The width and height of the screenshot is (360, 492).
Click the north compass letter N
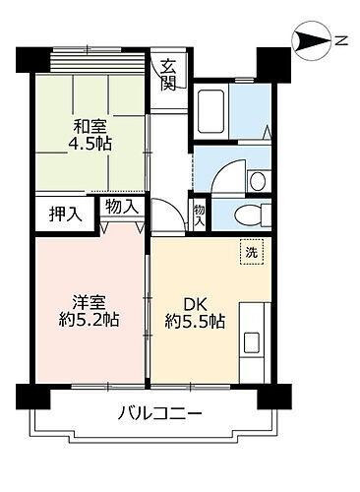(341, 40)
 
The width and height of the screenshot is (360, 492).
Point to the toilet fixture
(251, 214)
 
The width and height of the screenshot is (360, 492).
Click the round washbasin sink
(256, 179)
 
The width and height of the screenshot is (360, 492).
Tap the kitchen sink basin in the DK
(251, 343)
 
